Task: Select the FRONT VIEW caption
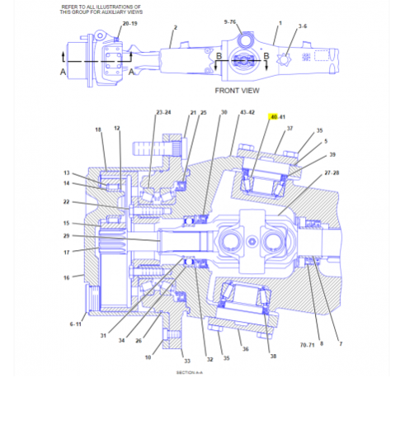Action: coord(237,90)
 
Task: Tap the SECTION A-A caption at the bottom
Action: coord(190,372)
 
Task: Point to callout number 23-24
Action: coord(163,112)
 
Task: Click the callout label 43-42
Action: coord(247,112)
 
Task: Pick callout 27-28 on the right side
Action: coord(332,172)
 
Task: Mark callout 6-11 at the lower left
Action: coord(76,324)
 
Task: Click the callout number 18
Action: coord(97,130)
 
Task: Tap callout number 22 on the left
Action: coord(66,201)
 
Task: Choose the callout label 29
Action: coord(66,236)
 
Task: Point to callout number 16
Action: coord(66,278)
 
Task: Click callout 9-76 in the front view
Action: coord(229,21)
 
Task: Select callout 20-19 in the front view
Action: coord(130,24)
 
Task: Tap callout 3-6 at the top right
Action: coord(303,26)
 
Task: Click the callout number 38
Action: coord(273,357)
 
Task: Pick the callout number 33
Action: coord(187,361)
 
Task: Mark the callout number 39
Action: coord(332,154)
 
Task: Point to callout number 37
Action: coord(289,128)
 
